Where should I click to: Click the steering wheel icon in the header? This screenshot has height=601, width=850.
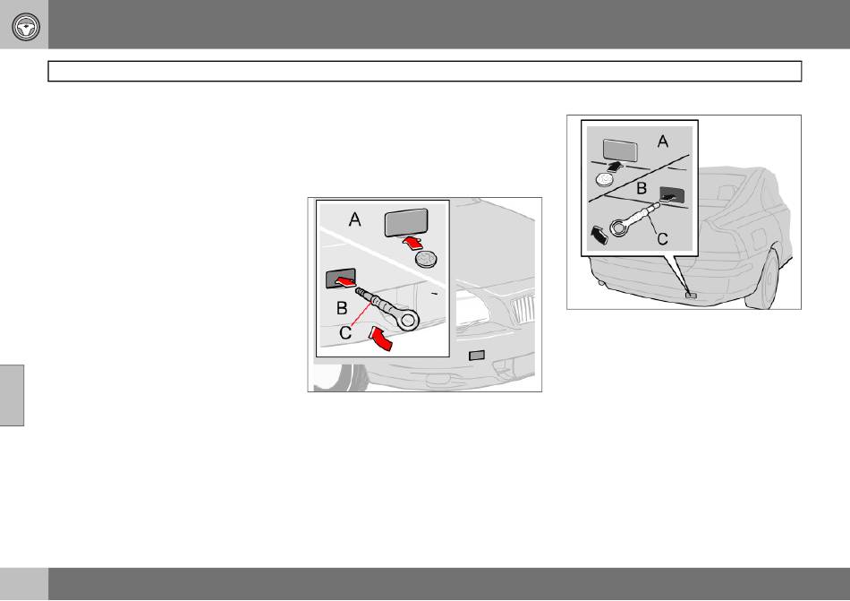click(x=26, y=26)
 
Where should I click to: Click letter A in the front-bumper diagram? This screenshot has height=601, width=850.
click(x=355, y=219)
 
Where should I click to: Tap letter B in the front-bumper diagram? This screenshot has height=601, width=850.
click(x=342, y=308)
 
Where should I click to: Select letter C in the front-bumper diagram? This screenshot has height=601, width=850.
click(x=345, y=332)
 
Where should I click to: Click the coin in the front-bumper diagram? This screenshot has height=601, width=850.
click(x=426, y=259)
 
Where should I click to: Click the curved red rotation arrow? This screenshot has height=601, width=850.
click(x=380, y=338)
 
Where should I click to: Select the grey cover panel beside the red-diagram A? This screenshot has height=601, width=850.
click(x=406, y=222)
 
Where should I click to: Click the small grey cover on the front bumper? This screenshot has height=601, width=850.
click(x=477, y=356)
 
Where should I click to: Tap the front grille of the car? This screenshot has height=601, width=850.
click(x=523, y=311)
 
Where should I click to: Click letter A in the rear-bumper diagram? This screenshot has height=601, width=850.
click(x=662, y=142)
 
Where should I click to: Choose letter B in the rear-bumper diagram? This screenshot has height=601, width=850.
click(x=642, y=188)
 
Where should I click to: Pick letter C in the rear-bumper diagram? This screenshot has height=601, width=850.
click(x=662, y=238)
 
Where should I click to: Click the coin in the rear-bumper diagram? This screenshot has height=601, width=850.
click(x=605, y=178)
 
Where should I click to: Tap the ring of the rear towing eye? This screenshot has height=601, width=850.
click(x=619, y=228)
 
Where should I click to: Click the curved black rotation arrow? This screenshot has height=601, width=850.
click(x=599, y=236)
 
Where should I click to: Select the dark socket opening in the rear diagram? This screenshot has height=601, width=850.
click(x=672, y=195)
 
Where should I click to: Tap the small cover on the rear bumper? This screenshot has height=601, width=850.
click(x=691, y=295)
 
